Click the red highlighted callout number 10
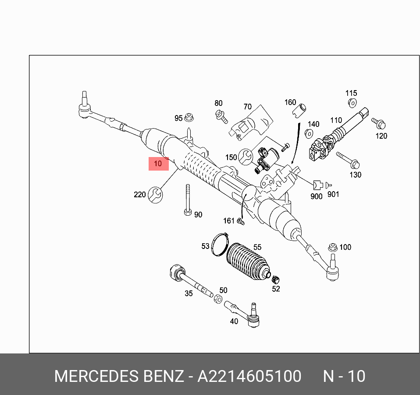coord(158,164)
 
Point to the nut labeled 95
coord(189,117)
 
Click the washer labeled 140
coord(309,133)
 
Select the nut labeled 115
coord(352,103)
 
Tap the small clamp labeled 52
coord(276,279)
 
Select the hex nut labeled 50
coord(217,299)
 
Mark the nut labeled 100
coord(333,247)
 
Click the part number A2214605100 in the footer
coord(249,376)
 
